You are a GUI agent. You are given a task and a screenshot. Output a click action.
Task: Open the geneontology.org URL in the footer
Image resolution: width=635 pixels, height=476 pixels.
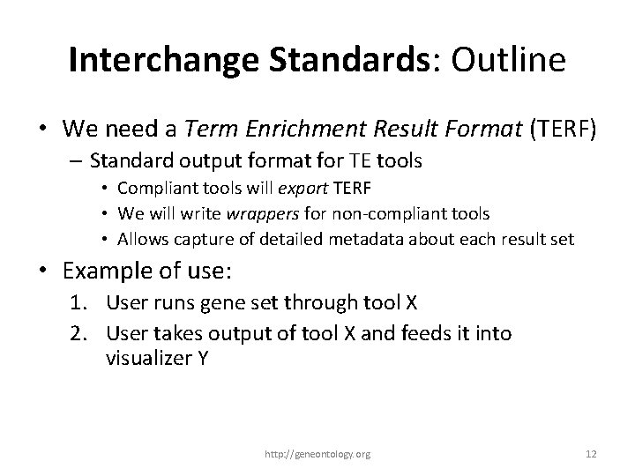317,454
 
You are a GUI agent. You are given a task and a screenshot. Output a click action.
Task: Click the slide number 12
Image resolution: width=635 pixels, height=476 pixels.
591,454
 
